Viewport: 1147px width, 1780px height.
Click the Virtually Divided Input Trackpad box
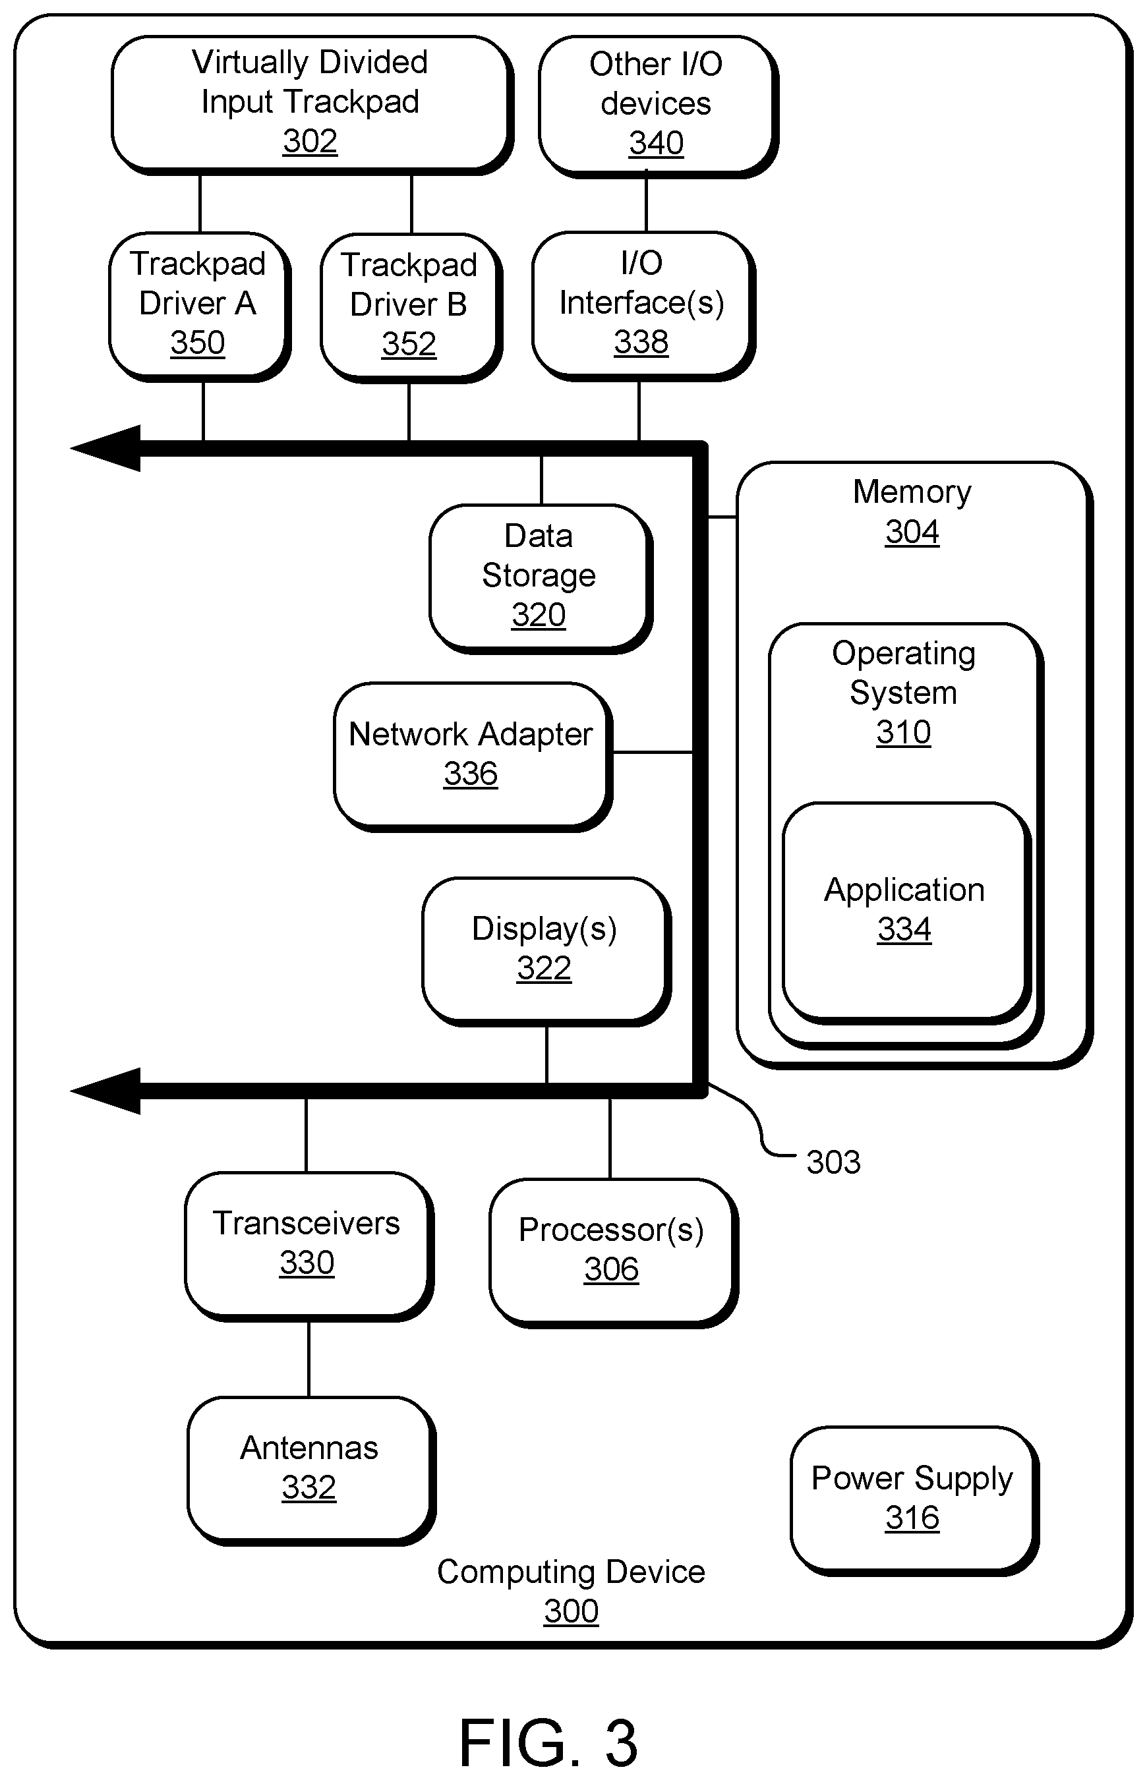pos(311,104)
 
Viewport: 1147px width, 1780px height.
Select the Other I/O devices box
pos(658,105)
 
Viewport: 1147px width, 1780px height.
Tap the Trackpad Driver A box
pos(199,306)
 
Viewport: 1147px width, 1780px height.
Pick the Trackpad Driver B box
pos(411,308)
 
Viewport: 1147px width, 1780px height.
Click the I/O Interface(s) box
pos(643,305)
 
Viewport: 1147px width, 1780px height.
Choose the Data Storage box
pos(540,579)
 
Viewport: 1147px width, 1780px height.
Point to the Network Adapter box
pos(472,756)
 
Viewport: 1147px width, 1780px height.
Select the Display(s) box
pos(546,951)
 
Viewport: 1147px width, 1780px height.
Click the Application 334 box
pos(906,912)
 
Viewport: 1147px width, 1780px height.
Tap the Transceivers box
pos(309,1246)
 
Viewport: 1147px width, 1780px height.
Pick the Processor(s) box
pos(613,1252)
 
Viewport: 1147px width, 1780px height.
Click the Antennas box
pos(310,1470)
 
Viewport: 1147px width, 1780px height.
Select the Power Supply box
pos(914,1500)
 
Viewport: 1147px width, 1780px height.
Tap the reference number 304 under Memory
pos(912,532)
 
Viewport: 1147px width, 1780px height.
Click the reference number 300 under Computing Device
pos(572,1611)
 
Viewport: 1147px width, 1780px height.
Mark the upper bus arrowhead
pos(105,448)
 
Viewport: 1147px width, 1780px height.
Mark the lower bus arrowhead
pos(105,1091)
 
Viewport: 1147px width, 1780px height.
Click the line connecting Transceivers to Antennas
pos(309,1360)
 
